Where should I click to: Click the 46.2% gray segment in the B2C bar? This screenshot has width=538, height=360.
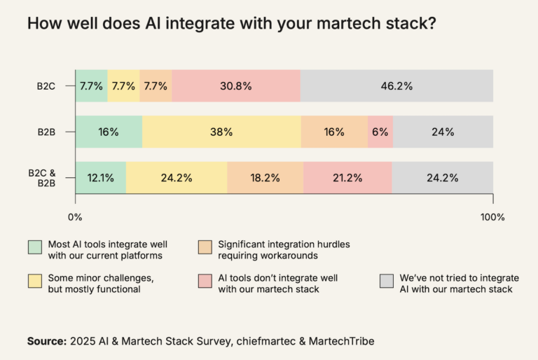click(396, 86)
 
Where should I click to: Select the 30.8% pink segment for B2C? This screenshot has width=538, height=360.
click(236, 86)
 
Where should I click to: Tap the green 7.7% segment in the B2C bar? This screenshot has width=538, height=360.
click(91, 86)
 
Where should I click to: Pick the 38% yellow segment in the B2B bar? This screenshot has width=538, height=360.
click(221, 132)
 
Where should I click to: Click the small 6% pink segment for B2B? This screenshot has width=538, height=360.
click(380, 132)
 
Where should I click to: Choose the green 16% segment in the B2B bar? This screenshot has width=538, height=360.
click(109, 132)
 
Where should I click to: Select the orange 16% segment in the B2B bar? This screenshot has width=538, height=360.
click(334, 132)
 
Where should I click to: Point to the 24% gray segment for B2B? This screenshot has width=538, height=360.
click(443, 132)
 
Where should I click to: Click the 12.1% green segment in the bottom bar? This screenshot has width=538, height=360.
click(101, 177)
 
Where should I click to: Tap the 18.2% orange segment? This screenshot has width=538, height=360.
click(265, 177)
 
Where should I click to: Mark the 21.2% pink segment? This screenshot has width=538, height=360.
click(347, 177)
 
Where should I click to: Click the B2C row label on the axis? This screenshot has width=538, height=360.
click(48, 87)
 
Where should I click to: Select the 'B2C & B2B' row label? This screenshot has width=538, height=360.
click(43, 177)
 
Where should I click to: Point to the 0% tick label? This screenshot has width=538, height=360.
click(75, 217)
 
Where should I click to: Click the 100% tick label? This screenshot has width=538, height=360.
click(492, 217)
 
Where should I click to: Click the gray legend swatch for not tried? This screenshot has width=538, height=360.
click(386, 281)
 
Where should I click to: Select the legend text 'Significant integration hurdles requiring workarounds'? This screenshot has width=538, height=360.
click(284, 249)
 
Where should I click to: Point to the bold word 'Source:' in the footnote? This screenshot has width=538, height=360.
click(46, 341)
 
